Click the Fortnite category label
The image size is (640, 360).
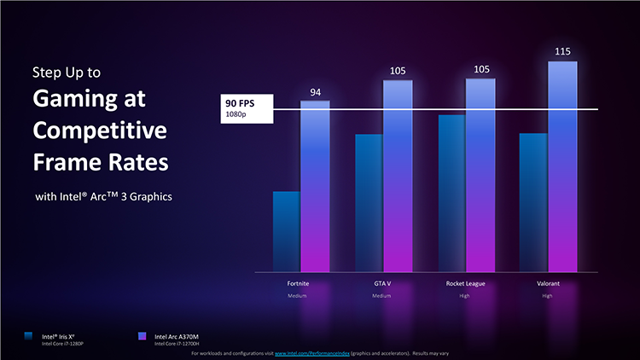300,282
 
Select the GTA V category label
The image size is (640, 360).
382,282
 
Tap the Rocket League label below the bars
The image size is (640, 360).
466,282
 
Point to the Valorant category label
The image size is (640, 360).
547,282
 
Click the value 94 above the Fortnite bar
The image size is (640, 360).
315,92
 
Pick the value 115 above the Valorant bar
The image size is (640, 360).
562,53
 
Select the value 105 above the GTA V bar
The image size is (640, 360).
399,72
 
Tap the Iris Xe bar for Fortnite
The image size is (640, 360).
286,231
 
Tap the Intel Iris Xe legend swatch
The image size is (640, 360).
31,336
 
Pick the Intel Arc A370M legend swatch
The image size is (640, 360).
143,336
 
